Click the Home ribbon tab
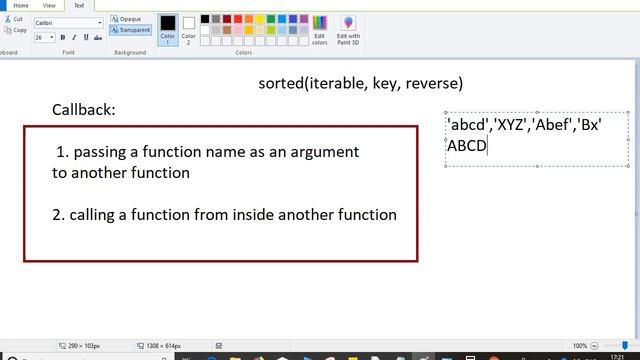[20, 5]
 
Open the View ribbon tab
[49, 5]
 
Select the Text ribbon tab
[79, 5]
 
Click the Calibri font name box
[66, 22]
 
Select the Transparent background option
[131, 30]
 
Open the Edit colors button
[320, 29]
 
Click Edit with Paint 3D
[348, 29]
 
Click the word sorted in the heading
[280, 83]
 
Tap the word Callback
[83, 109]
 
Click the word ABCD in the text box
[466, 145]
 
